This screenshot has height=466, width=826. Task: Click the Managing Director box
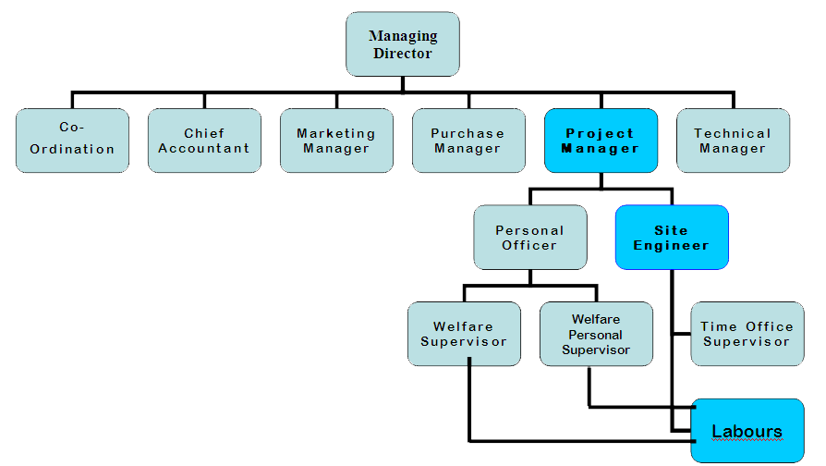402,44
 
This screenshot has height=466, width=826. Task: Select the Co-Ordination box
72,141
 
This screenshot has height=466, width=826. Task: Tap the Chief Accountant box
204,141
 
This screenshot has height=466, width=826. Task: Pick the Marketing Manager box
336,141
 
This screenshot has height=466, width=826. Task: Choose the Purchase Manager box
468,141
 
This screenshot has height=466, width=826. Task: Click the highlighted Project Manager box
601,141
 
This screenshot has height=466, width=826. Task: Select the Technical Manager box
733,141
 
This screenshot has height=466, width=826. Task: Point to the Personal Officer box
529,238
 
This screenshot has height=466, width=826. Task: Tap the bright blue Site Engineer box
672,238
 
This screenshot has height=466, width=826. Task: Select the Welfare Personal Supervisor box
596,334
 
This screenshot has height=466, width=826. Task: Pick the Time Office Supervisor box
747,334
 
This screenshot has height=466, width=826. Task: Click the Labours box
747,431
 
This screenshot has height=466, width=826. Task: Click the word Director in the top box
403,54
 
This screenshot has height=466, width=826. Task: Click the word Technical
733,133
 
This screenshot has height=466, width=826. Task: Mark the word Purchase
468,133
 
